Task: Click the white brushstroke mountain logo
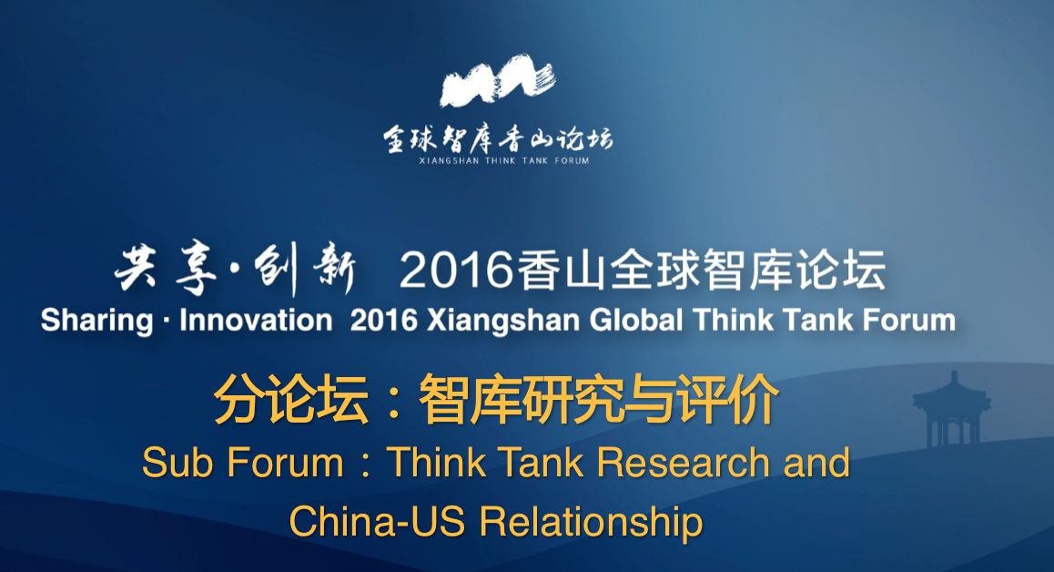498,81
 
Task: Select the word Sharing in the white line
96,321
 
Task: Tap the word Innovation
256,321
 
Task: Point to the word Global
636,321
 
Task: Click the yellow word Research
684,463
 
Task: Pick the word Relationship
591,523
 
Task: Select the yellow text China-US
377,522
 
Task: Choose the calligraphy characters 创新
305,271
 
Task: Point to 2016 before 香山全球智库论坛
456,271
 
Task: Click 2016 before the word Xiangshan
384,321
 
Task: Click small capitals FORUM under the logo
572,161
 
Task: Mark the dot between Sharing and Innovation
166,322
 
